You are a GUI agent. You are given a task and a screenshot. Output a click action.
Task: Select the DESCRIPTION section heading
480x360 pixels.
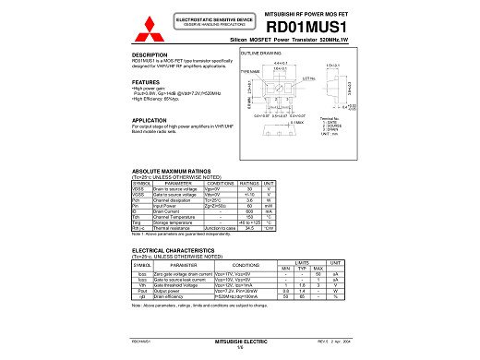point(150,55)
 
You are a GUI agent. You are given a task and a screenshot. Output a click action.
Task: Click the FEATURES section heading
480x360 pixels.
point(146,82)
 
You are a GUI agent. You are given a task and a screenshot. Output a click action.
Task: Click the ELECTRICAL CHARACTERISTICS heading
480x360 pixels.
point(176,250)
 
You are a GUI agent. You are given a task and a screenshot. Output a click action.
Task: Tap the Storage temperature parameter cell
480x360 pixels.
point(176,222)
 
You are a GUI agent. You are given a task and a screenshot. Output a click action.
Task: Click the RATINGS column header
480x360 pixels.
point(248,183)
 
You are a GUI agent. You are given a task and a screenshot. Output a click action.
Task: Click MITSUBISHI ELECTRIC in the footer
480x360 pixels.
point(240,341)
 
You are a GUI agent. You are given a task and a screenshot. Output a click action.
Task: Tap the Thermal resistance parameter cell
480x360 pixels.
point(176,227)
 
